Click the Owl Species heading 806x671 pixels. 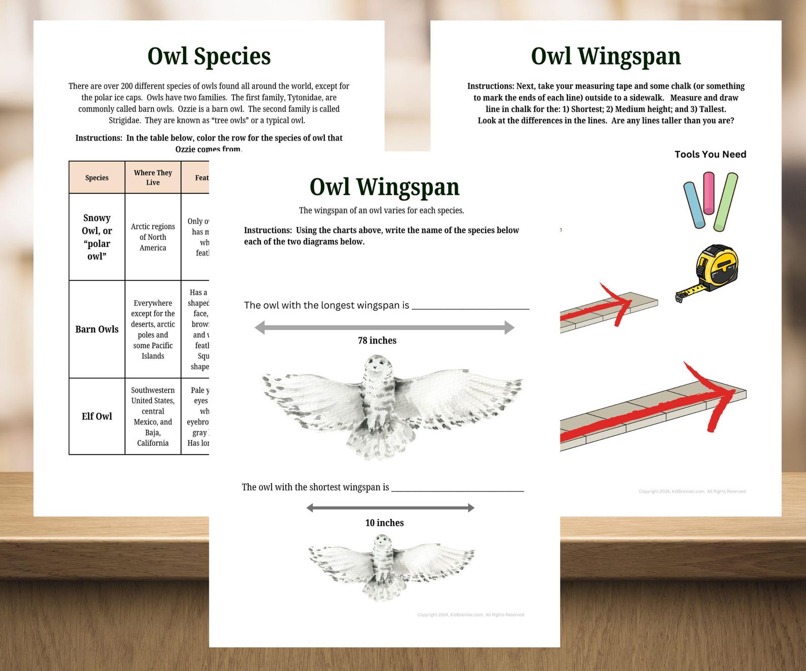(x=209, y=56)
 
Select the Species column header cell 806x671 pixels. (x=97, y=178)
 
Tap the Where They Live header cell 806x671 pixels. (x=153, y=178)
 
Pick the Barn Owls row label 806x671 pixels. (x=97, y=329)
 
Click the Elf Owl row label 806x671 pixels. (x=97, y=416)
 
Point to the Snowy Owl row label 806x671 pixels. (x=97, y=237)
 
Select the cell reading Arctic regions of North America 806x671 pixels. (x=153, y=237)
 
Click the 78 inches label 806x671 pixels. (x=377, y=341)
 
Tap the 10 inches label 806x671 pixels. (x=384, y=523)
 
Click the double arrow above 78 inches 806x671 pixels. (x=384, y=328)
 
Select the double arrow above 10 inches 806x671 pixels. (x=390, y=508)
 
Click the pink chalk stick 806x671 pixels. (x=709, y=193)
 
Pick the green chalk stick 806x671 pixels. (x=726, y=202)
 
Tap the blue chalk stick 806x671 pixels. (x=694, y=205)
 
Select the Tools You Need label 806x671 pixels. (x=710, y=155)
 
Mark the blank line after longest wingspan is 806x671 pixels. (x=470, y=307)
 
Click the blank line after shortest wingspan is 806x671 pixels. (x=457, y=490)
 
